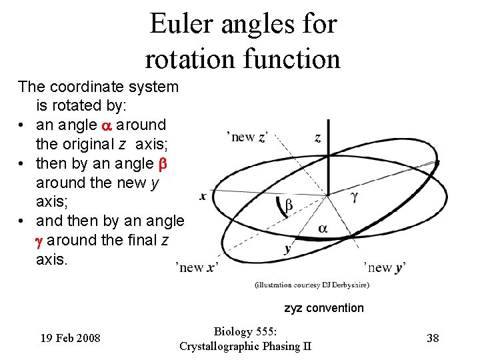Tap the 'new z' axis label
(x=247, y=137)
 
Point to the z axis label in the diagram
(x=317, y=138)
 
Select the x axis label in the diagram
(x=203, y=195)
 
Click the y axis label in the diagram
(x=287, y=249)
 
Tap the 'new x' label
(x=197, y=267)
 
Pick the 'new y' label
(x=385, y=267)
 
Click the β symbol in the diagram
(x=288, y=206)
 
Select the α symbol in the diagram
(x=323, y=229)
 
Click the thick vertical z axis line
(x=327, y=170)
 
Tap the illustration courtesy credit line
(x=311, y=285)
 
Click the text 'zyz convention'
(x=324, y=308)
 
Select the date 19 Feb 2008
(x=70, y=338)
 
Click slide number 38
(x=433, y=338)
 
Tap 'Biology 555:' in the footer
(x=245, y=331)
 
